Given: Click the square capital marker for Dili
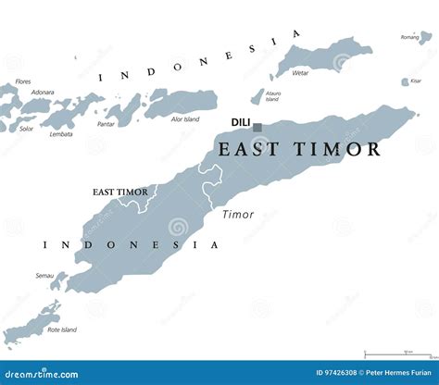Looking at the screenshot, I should click(x=257, y=128).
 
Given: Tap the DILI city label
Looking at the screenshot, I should click(x=241, y=121).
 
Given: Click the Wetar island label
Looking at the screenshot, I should click(x=300, y=72).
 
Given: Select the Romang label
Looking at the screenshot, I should click(x=409, y=37).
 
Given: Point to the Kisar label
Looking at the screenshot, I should click(x=414, y=81).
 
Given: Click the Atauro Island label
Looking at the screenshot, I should click(x=272, y=96).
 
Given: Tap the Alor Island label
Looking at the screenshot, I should click(x=185, y=118).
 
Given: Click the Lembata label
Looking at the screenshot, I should click(x=61, y=134).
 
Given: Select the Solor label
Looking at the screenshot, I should click(x=28, y=128).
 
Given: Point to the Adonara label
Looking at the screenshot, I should click(x=43, y=92).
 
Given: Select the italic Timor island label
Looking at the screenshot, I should click(x=238, y=214).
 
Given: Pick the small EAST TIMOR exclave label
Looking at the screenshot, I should click(x=119, y=192).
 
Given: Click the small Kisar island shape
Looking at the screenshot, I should click(x=404, y=81).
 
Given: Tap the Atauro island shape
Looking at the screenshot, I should click(x=257, y=96).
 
